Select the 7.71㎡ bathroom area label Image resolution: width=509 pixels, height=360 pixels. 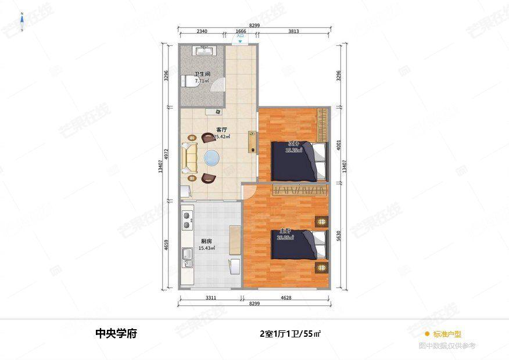pyautogui.click(x=202, y=81)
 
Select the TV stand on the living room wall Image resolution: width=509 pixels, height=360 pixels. pyautogui.click(x=252, y=142)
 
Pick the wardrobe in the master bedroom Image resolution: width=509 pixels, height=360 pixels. pyautogui.click(x=300, y=190)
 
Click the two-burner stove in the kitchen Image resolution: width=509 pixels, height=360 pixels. pyautogui.click(x=187, y=221)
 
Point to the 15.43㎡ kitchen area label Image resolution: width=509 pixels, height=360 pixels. pyautogui.click(x=206, y=248)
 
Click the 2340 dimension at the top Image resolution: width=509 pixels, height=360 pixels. pyautogui.click(x=202, y=31)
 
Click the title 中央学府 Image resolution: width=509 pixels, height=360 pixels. pyautogui.click(x=116, y=334)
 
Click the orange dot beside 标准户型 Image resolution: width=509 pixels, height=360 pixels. pyautogui.click(x=427, y=334)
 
